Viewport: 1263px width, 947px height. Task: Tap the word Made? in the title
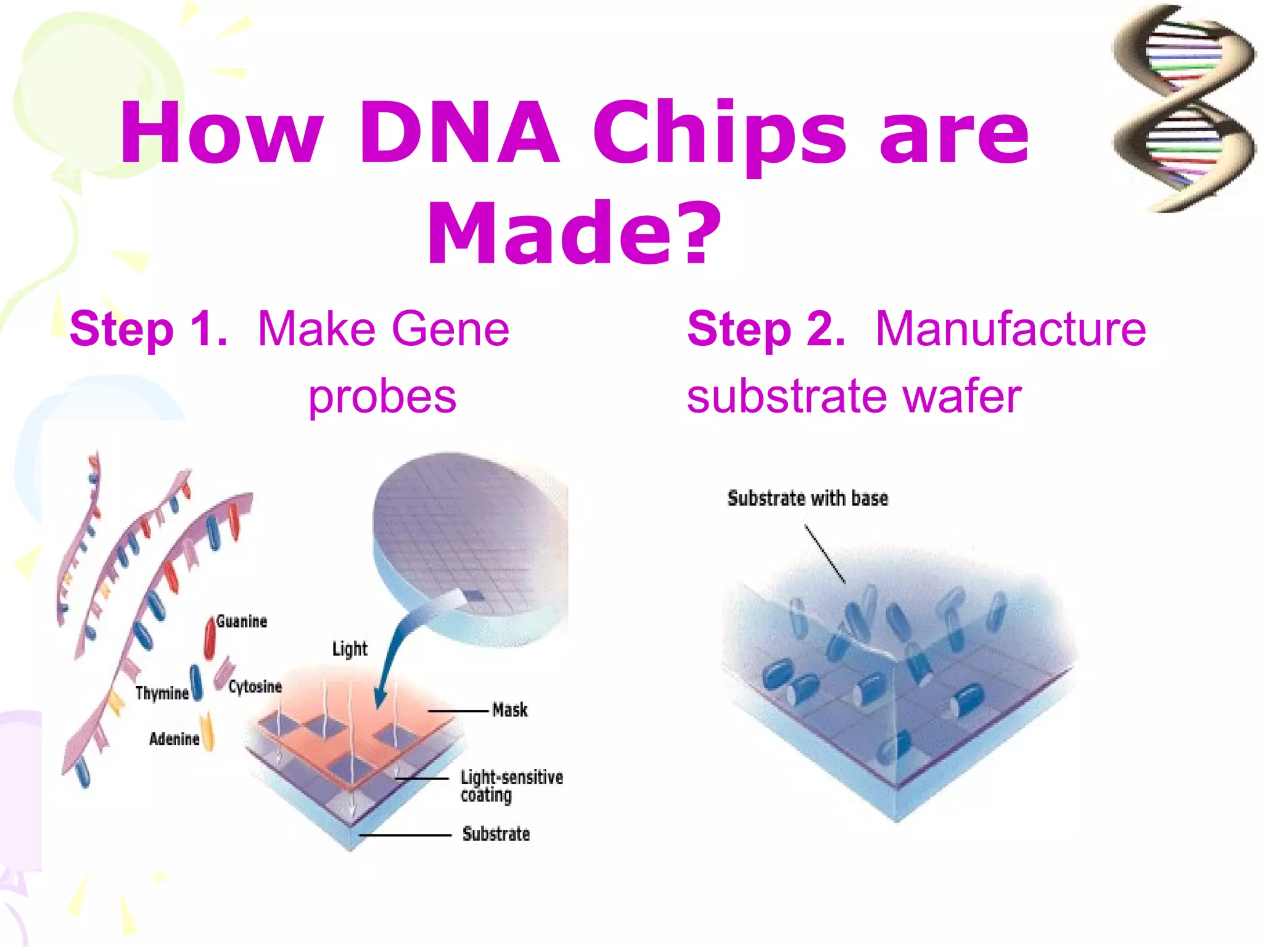click(x=574, y=234)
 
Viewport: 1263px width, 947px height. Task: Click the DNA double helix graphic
click(x=1183, y=108)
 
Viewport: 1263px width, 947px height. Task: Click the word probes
click(x=382, y=396)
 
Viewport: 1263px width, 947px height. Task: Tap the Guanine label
click(x=242, y=621)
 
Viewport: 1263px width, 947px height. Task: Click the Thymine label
click(x=162, y=693)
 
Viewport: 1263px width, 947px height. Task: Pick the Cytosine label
click(x=255, y=687)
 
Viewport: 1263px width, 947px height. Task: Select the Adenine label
click(x=174, y=739)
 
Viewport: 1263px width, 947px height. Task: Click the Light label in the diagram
click(x=350, y=649)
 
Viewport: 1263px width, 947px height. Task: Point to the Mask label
click(x=510, y=710)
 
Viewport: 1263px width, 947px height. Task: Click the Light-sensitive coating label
click(x=511, y=785)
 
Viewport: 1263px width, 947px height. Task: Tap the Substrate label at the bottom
click(x=496, y=834)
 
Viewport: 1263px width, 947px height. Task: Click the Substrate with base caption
click(x=807, y=498)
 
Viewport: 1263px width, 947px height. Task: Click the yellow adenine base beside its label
click(x=208, y=732)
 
